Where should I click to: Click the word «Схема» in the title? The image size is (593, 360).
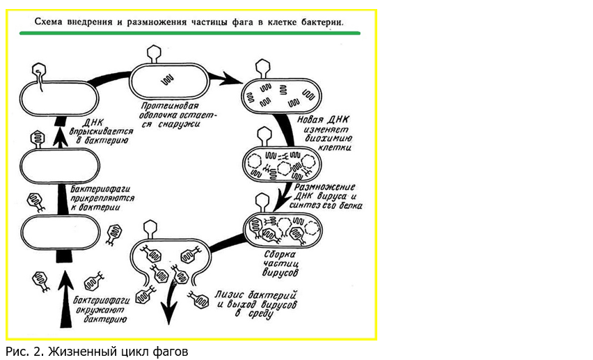(x=49, y=22)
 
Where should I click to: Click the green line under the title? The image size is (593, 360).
(x=190, y=33)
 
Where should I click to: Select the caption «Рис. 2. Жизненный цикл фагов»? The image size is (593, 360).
(x=97, y=352)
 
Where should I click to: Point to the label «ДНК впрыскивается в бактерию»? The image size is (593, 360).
(x=101, y=132)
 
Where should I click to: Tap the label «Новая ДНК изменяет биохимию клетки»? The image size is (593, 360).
(x=324, y=133)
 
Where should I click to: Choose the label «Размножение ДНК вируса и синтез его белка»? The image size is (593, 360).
(x=326, y=196)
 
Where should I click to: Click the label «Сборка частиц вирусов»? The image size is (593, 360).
(x=280, y=263)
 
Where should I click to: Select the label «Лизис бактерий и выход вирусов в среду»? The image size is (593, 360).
(x=256, y=305)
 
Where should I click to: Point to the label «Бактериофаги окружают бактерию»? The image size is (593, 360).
(x=102, y=310)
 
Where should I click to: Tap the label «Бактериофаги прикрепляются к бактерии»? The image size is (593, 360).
(x=102, y=198)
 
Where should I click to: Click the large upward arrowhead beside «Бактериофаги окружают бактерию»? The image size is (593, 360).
(x=66, y=281)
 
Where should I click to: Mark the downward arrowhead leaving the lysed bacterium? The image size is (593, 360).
(x=169, y=313)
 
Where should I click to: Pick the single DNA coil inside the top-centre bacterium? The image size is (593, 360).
(x=167, y=79)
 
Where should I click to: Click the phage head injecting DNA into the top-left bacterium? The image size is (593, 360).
(x=38, y=70)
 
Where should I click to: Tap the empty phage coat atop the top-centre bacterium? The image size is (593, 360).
(x=154, y=54)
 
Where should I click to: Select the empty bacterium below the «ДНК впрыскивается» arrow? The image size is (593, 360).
(x=60, y=166)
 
